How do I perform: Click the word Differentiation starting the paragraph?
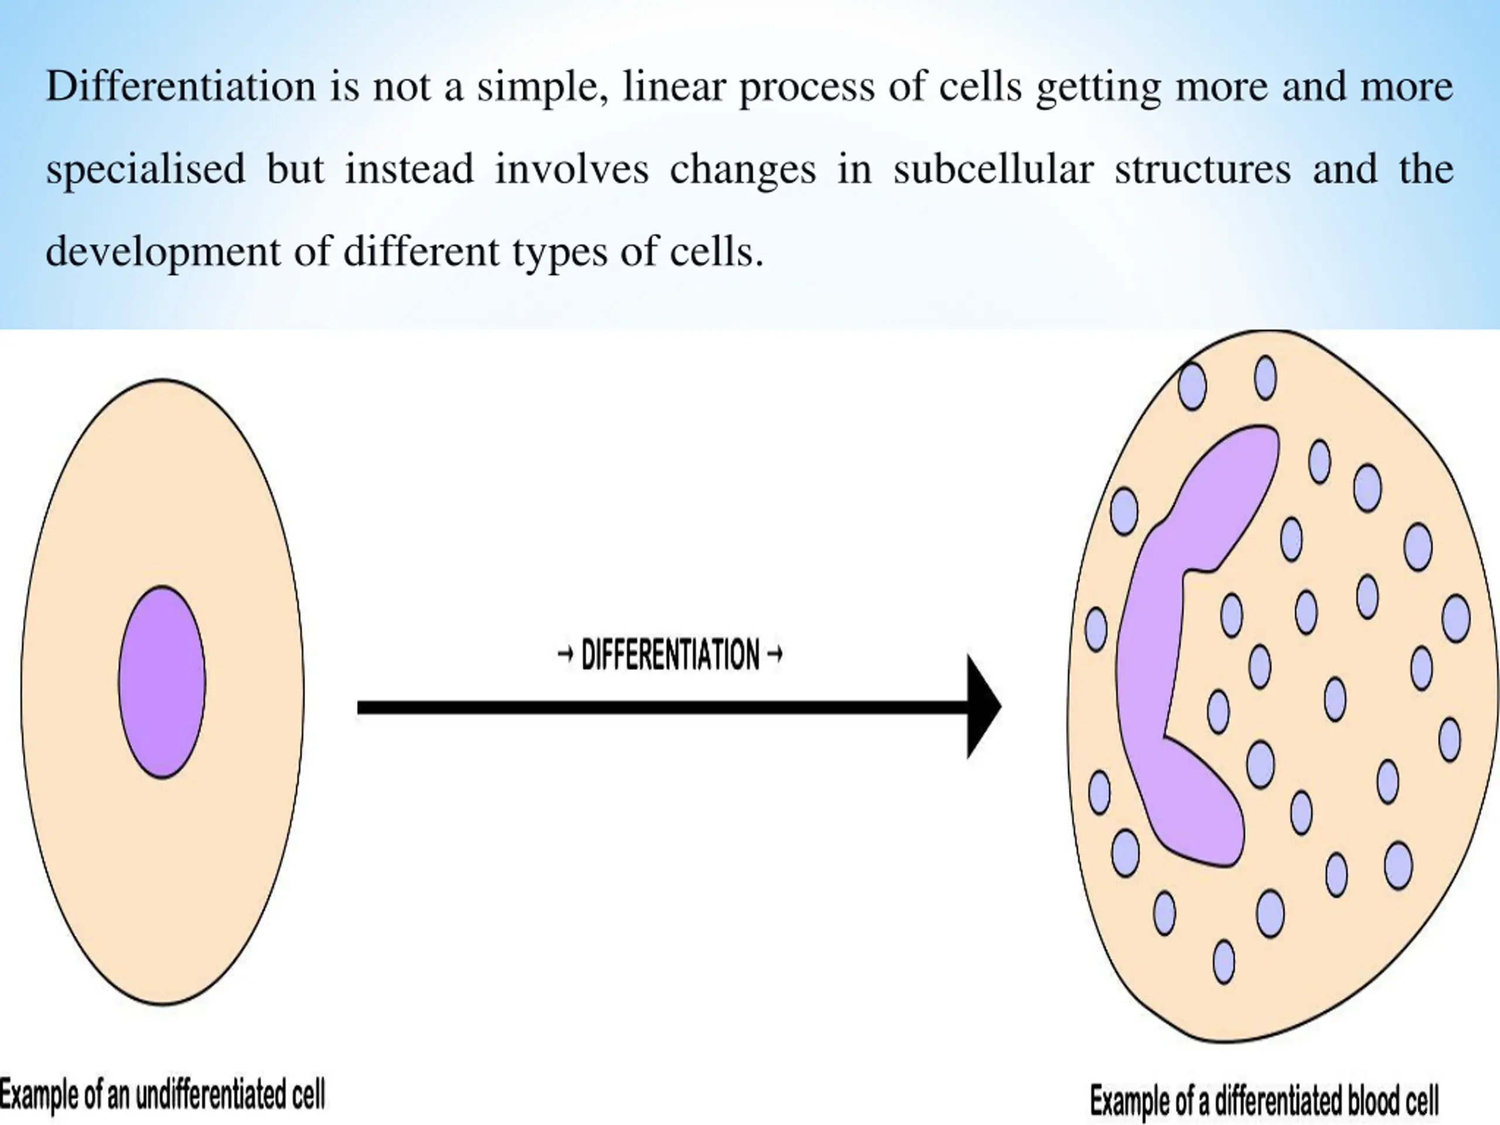(x=180, y=87)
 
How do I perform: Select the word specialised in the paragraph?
(x=145, y=169)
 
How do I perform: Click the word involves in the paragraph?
(x=572, y=169)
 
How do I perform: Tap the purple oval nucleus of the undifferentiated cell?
(x=162, y=681)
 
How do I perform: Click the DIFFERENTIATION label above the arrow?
(x=670, y=655)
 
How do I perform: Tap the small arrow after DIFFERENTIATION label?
(x=775, y=655)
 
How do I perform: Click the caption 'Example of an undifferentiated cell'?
(x=163, y=1095)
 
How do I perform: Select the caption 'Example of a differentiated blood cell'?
(x=1264, y=1100)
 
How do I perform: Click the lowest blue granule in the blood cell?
(x=1224, y=961)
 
